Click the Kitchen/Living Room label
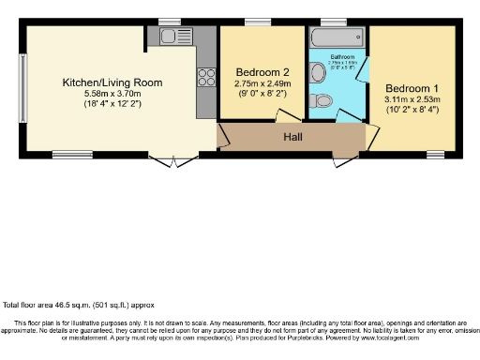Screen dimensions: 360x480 pos(112,82)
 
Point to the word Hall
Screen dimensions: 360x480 pos(293,137)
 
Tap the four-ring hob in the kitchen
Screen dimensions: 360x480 pos(206,79)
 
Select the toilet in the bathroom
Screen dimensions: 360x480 pos(322,100)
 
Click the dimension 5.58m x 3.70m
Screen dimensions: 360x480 pos(112,94)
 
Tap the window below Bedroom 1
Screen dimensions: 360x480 pos(434,153)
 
